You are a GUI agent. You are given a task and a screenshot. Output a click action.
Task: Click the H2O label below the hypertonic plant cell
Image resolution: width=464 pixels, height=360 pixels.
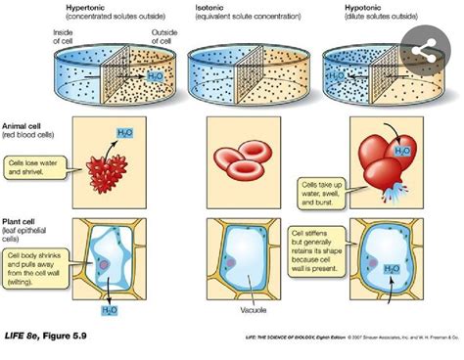click(x=109, y=311)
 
